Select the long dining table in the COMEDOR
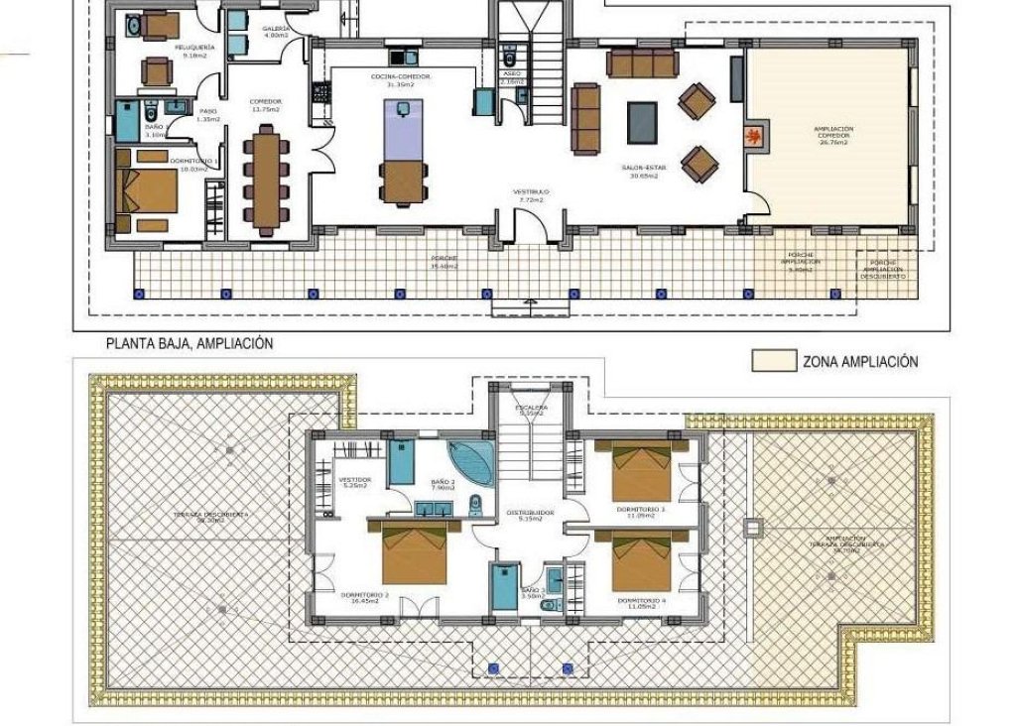pyautogui.click(x=265, y=182)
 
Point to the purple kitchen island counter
pyautogui.click(x=402, y=132)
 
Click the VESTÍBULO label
pyautogui.click(x=532, y=194)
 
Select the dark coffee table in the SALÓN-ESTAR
pyautogui.click(x=642, y=122)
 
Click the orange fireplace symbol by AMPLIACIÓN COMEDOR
pyautogui.click(x=755, y=136)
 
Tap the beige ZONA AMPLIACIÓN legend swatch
pyautogui.click(x=773, y=361)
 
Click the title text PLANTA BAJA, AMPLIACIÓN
pyautogui.click(x=189, y=343)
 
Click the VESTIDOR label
pyautogui.click(x=354, y=482)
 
